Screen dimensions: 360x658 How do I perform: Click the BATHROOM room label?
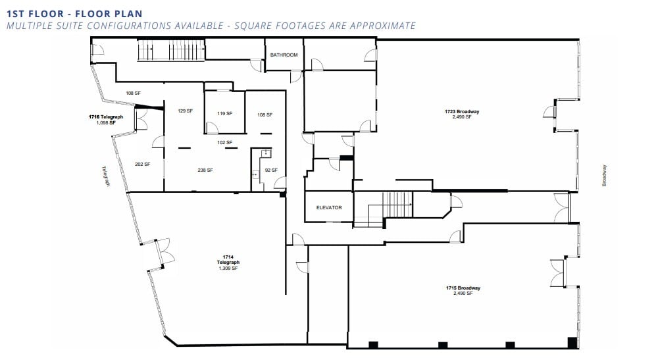pyautogui.click(x=284, y=55)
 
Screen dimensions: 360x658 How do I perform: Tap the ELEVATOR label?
pyautogui.click(x=329, y=207)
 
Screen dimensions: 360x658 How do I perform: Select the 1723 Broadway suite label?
pyautogui.click(x=462, y=115)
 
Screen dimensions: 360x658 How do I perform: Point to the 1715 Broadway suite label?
pyautogui.click(x=463, y=290)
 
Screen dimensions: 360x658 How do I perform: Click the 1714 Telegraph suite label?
pyautogui.click(x=228, y=262)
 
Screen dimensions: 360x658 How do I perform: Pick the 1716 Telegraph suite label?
pyautogui.click(x=106, y=119)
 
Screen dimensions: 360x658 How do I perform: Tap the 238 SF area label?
pyautogui.click(x=205, y=170)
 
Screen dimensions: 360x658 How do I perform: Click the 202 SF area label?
pyautogui.click(x=143, y=164)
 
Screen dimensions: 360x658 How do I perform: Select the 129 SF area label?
pyautogui.click(x=185, y=111)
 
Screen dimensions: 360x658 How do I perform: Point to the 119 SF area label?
pyautogui.click(x=225, y=113)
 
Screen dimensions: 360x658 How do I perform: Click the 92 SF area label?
pyautogui.click(x=270, y=170)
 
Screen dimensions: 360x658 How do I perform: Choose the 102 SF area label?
pyautogui.click(x=225, y=142)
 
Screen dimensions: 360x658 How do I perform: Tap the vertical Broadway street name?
pyautogui.click(x=604, y=175)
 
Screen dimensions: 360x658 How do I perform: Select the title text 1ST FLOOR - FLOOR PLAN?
pyautogui.click(x=74, y=13)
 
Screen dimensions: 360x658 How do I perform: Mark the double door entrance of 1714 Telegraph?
pyautogui.click(x=160, y=253)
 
